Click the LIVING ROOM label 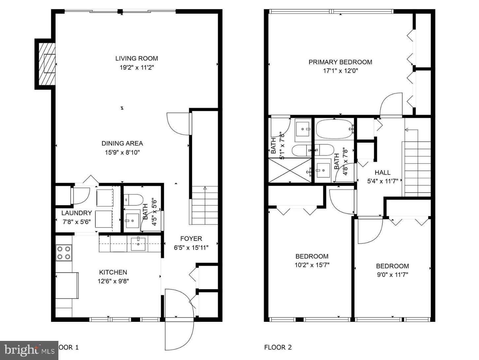137,58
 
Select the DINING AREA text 122,143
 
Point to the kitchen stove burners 64,253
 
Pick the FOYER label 191,239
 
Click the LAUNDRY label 77,213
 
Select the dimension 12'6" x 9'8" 113,281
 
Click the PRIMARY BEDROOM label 340,62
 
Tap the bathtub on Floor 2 334,130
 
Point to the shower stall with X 290,170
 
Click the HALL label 382,172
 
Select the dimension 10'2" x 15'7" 312,265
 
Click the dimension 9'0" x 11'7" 392,275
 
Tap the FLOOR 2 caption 278,347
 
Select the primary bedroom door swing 391,105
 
